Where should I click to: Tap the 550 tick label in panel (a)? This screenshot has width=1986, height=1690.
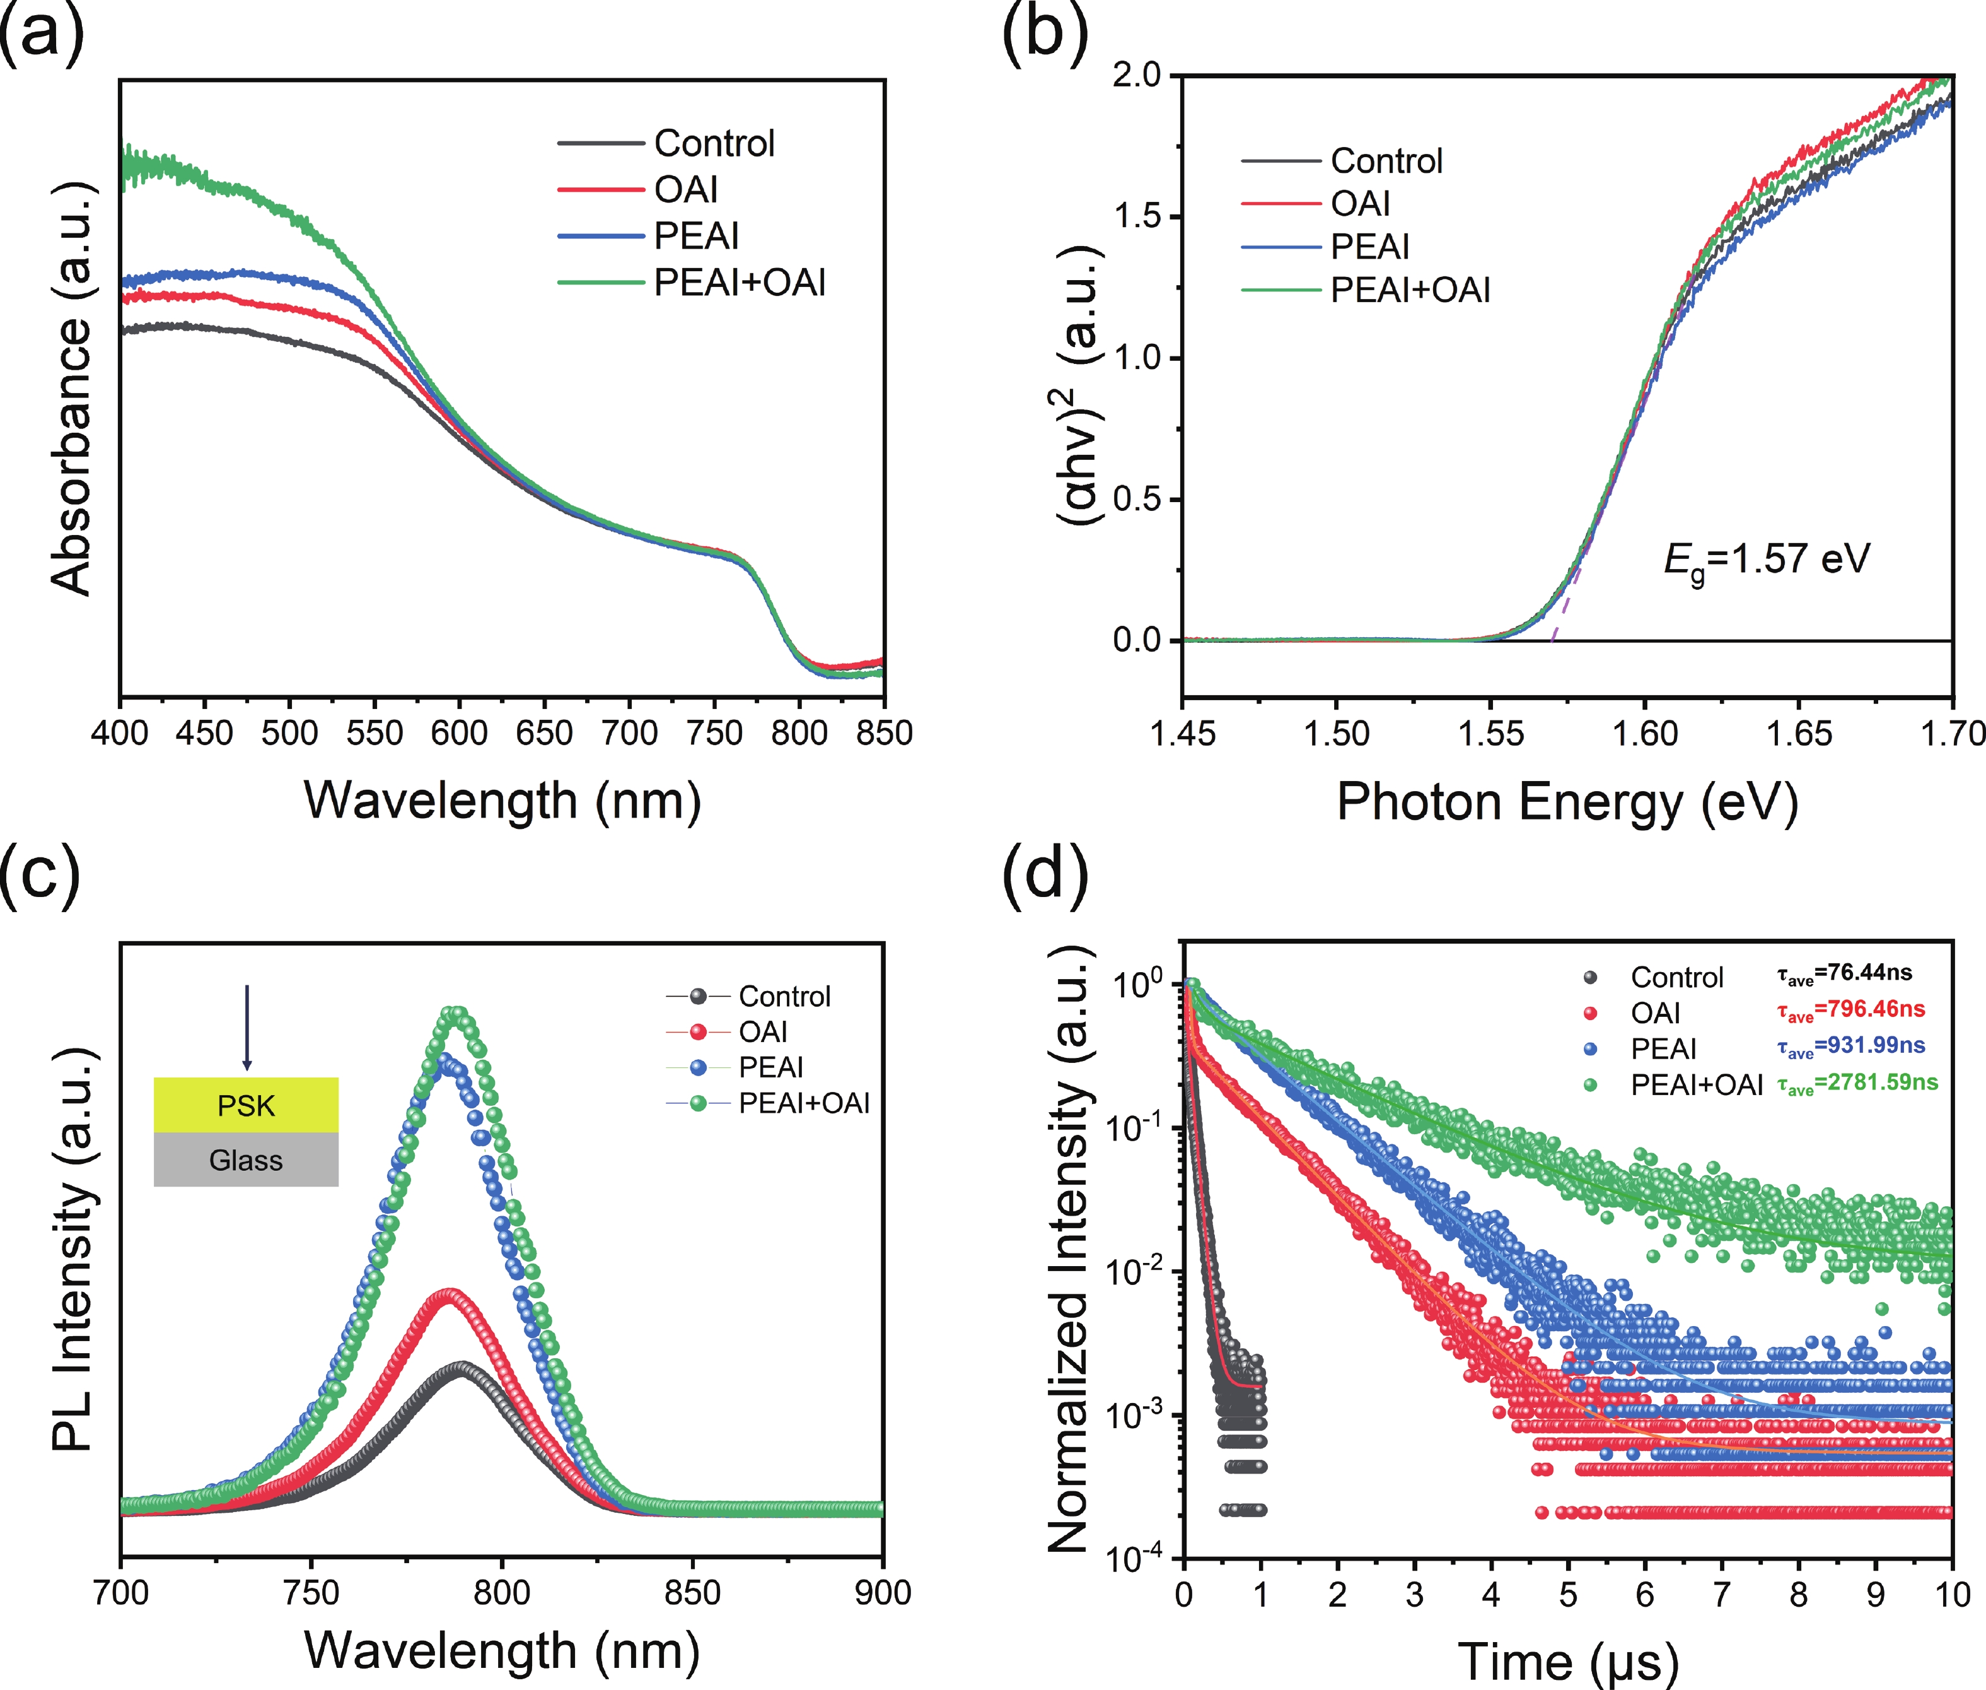pos(375,734)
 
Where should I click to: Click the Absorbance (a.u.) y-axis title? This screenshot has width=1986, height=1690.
pos(73,388)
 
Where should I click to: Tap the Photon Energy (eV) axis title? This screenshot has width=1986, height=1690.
pos(1567,801)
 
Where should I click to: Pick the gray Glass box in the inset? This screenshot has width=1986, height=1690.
pos(246,1160)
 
